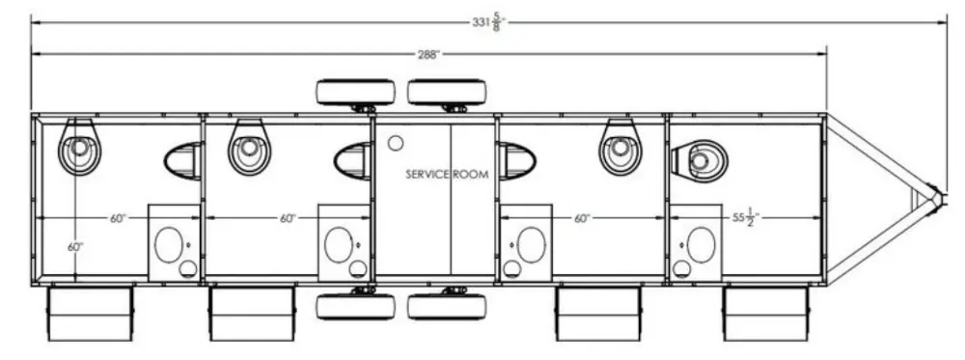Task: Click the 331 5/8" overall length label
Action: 490,24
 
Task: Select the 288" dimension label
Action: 429,54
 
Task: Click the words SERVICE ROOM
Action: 447,174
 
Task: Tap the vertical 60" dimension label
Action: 75,247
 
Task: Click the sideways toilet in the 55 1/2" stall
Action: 699,161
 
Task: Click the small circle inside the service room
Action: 395,143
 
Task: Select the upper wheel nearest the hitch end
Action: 447,93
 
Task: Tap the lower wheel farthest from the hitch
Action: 356,307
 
